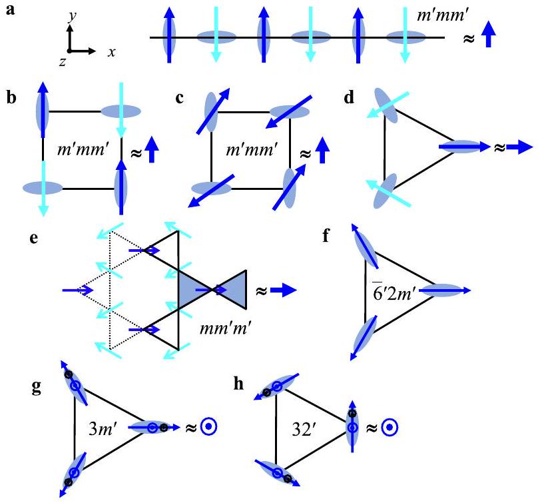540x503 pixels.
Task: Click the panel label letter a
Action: pos(9,12)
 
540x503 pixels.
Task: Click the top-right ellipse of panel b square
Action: pos(121,111)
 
